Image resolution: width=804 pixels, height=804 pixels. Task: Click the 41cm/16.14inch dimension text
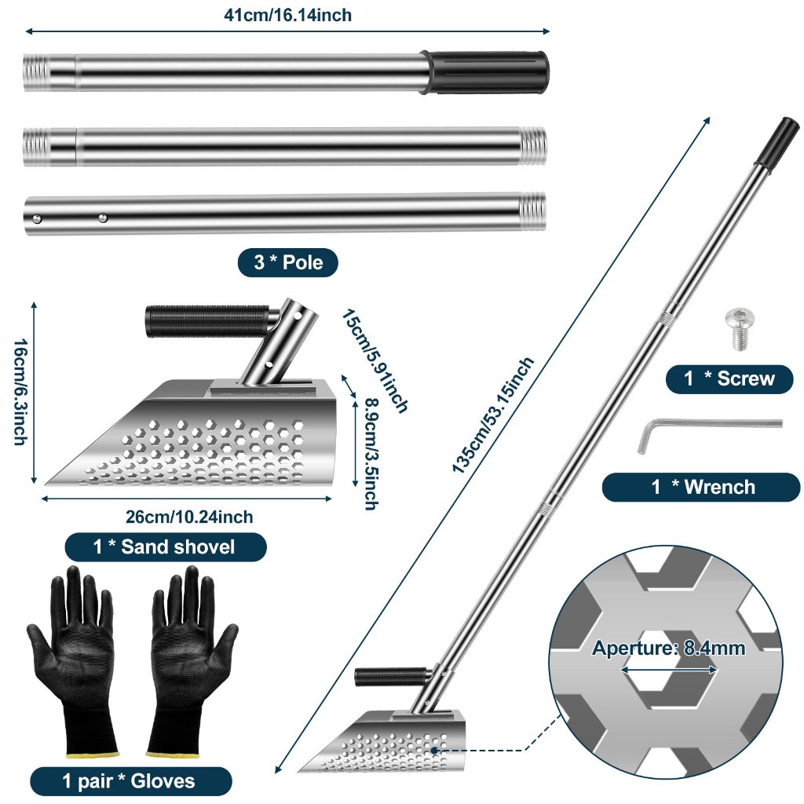(287, 15)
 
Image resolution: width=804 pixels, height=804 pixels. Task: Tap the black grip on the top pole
(484, 71)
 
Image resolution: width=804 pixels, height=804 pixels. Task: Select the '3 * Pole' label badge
(287, 262)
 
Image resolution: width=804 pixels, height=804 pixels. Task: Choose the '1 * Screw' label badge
(729, 379)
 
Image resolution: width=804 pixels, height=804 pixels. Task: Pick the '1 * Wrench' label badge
(701, 487)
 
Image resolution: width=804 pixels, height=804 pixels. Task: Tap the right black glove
(193, 660)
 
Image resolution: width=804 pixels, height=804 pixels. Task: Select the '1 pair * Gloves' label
(130, 781)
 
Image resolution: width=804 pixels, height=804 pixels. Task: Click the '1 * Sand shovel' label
(165, 547)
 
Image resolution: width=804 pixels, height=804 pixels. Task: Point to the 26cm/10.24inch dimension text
(189, 517)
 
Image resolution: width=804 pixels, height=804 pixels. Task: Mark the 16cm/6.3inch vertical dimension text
(20, 392)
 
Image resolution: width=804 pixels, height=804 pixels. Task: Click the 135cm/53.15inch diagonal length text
(493, 415)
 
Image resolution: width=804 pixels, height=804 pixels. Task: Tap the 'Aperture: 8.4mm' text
(669, 648)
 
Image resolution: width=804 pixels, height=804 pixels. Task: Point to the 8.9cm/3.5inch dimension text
(371, 455)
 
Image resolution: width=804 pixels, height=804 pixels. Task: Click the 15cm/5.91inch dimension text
(375, 360)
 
